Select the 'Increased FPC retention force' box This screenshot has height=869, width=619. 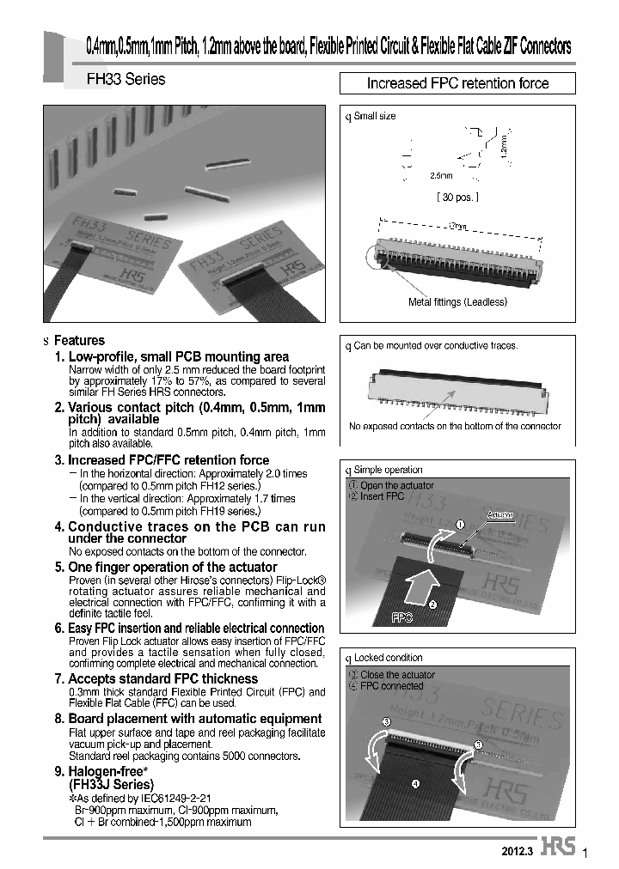(457, 83)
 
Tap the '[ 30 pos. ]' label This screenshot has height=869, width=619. (457, 197)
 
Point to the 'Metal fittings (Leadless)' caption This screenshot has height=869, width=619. (457, 301)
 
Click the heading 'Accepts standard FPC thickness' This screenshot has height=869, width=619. (162, 678)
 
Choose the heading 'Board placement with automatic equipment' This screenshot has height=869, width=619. (195, 719)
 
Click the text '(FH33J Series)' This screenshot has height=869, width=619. (111, 785)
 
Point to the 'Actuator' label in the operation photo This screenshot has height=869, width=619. (500, 515)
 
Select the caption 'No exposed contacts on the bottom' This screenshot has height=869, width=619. (455, 426)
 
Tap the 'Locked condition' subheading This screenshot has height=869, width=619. (388, 658)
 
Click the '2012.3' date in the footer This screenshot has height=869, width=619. (518, 849)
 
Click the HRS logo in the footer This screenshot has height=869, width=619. (558, 847)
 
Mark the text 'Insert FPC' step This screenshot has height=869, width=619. (382, 496)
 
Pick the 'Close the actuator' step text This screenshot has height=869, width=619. (397, 675)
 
